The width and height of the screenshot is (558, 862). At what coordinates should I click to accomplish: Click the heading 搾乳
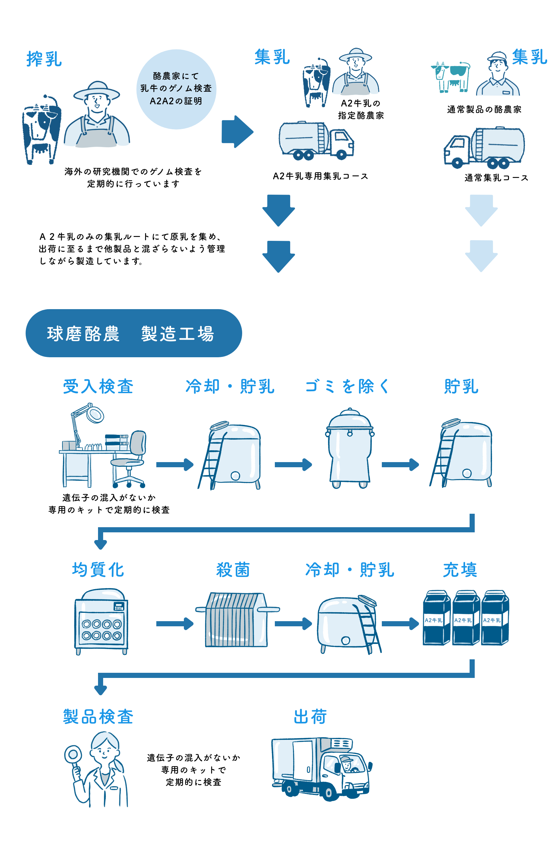(44, 59)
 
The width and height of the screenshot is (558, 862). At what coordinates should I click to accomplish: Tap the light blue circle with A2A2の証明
(176, 89)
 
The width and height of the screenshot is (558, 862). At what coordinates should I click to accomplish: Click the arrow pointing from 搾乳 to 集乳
(237, 131)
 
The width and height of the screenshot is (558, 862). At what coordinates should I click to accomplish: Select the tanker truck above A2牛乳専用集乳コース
(316, 141)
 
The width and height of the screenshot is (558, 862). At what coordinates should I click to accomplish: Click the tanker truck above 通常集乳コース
(485, 147)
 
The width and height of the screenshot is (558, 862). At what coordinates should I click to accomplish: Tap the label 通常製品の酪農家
(484, 109)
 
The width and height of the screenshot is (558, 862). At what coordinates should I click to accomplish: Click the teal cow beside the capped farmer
(450, 76)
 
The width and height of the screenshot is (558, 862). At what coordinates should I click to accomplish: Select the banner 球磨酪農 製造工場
(134, 333)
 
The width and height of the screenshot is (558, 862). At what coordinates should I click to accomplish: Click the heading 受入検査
(98, 386)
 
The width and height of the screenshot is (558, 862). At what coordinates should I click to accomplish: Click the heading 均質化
(98, 570)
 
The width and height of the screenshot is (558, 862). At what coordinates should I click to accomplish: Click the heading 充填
(460, 570)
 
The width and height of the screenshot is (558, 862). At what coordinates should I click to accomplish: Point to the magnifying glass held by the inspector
(73, 755)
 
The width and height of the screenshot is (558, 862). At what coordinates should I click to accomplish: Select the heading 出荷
(310, 716)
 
